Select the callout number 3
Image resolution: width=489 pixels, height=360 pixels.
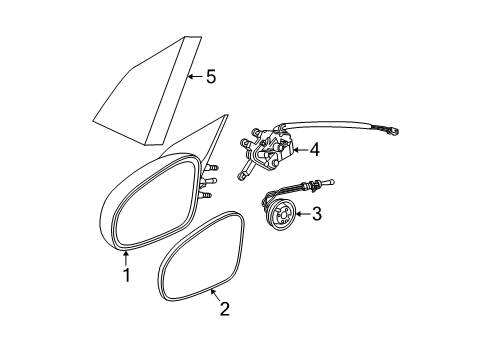(317, 213)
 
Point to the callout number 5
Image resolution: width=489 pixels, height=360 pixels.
(210, 75)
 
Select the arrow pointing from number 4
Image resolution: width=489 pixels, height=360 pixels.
(297, 151)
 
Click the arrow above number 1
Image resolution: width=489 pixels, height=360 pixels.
(126, 256)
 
